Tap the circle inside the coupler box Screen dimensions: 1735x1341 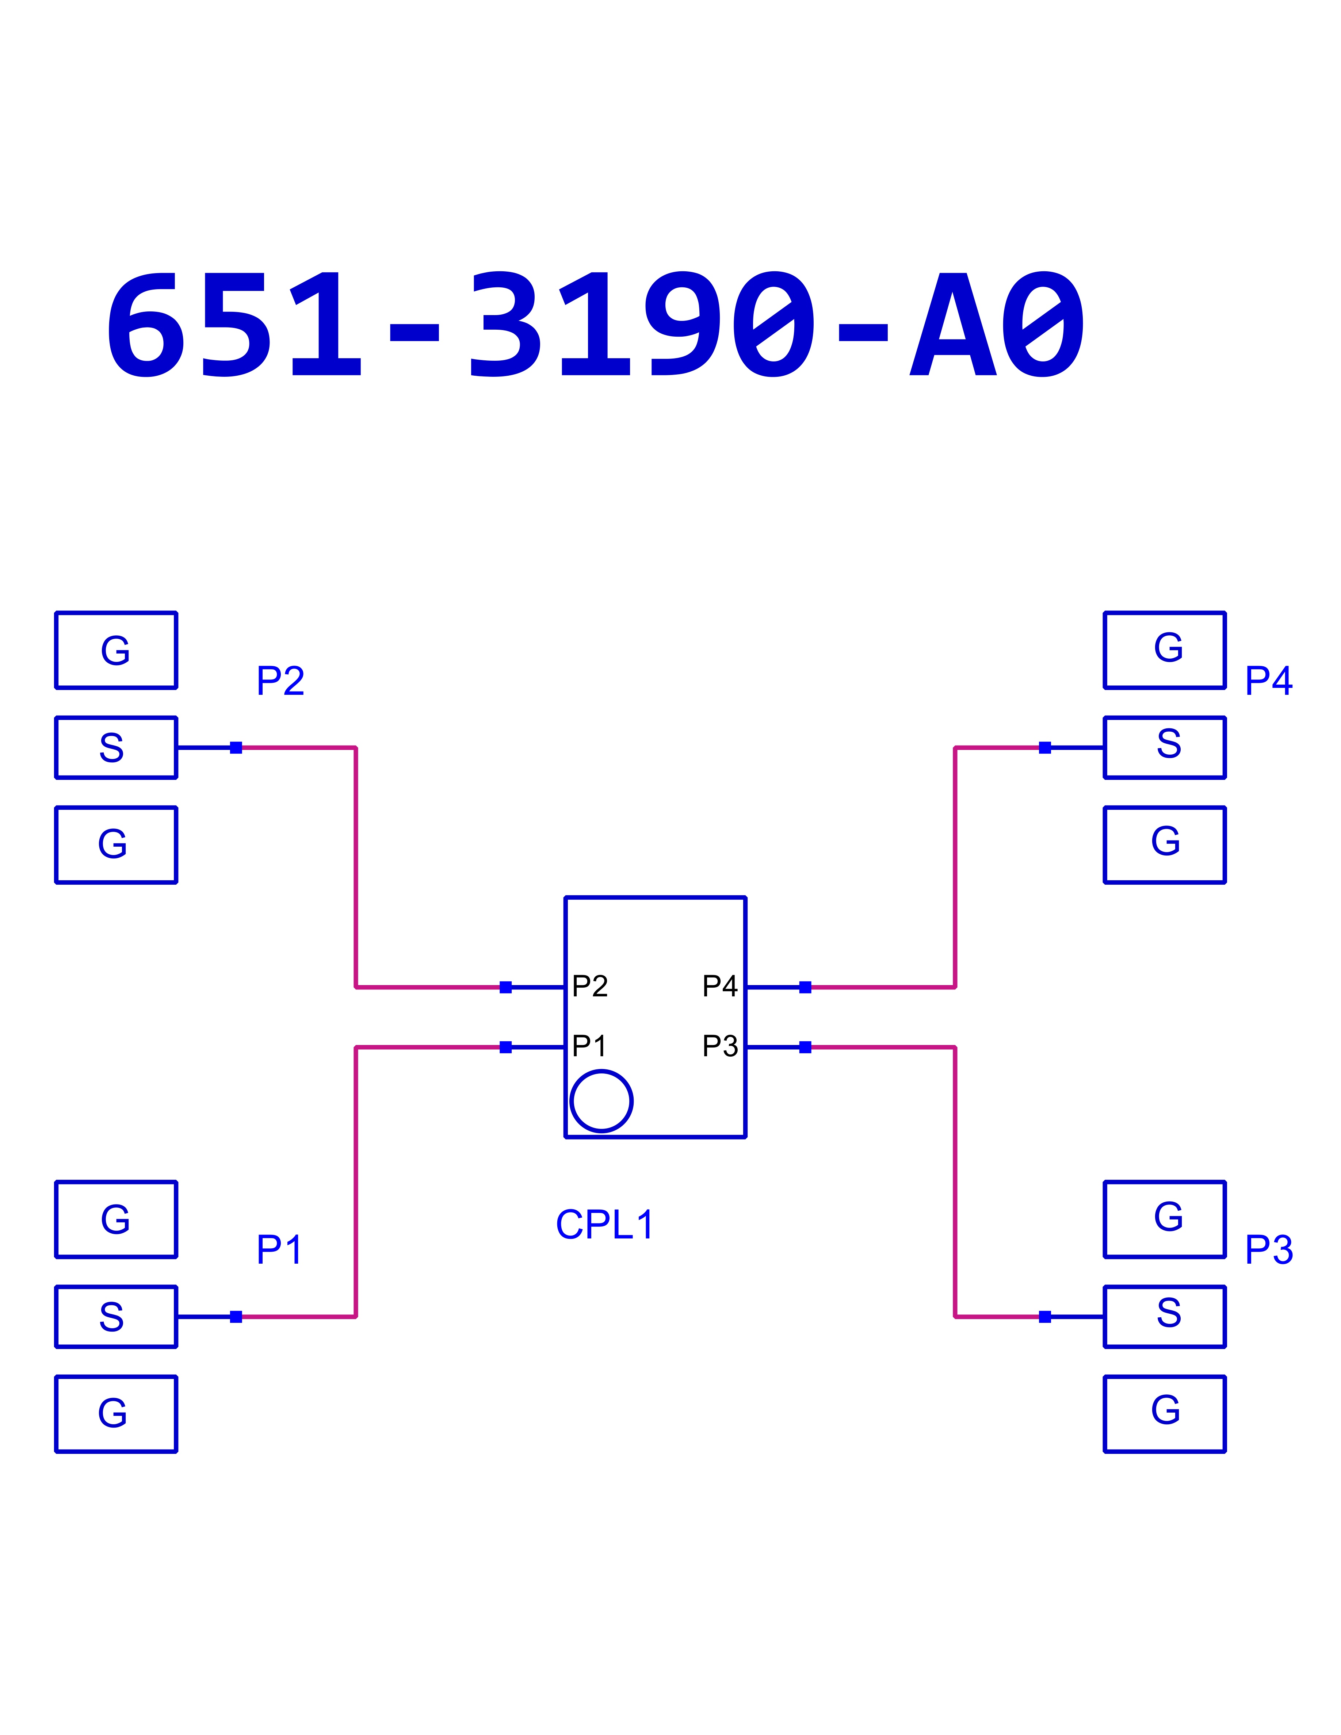pos(601,1101)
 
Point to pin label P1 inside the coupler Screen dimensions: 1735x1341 pos(589,1046)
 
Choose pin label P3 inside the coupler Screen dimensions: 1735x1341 pos(720,1046)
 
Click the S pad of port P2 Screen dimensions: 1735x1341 pos(116,747)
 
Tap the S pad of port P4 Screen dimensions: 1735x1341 pos(1165,747)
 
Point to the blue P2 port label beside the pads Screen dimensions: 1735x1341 pos(280,681)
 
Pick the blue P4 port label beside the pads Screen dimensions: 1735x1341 pos(1269,681)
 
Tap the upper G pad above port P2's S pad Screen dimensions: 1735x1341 pos(116,650)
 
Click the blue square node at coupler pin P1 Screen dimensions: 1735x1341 pos(505,1047)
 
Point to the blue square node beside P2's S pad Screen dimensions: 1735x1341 pos(236,747)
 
